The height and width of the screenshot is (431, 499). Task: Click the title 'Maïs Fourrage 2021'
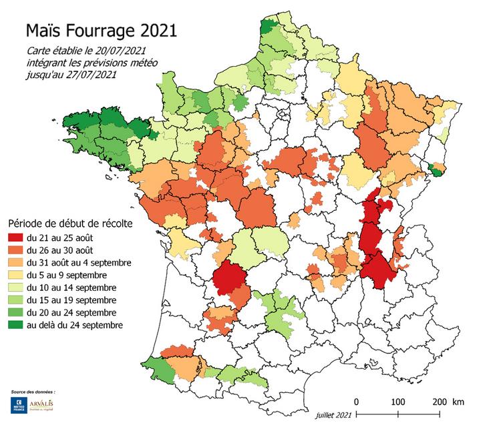pos(102,31)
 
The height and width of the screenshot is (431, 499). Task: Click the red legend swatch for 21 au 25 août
pos(15,238)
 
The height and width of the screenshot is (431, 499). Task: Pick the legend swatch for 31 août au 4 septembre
pos(15,262)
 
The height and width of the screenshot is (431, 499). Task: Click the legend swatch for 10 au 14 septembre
pos(15,288)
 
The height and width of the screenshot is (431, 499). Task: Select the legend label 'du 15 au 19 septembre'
pos(69,300)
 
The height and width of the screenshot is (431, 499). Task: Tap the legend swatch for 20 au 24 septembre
pos(15,312)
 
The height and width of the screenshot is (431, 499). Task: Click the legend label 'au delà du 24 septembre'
pos(75,325)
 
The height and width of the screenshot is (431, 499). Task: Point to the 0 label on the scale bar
pos(357,402)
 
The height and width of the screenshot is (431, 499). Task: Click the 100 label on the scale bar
pos(397,402)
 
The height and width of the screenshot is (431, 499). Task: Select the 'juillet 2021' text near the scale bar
pos(333,415)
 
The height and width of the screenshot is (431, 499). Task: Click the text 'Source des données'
pos(33,391)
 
